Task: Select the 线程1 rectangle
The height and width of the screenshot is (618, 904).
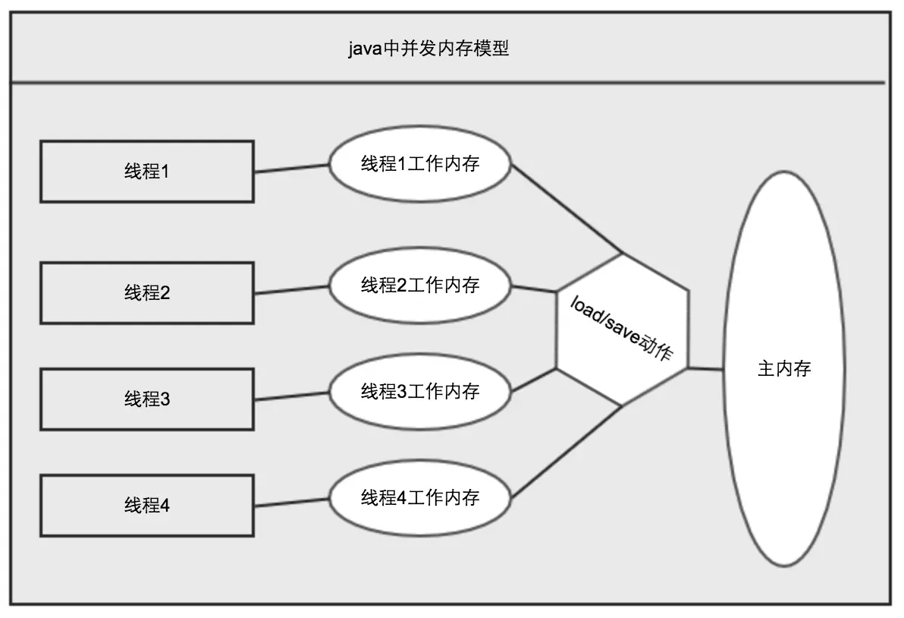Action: (146, 172)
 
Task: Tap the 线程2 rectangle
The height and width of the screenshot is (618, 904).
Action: (146, 293)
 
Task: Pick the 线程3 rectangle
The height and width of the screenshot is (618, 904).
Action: (146, 399)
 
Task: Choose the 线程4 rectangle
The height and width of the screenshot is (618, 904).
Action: (146, 505)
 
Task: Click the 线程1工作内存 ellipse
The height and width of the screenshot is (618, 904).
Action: (419, 164)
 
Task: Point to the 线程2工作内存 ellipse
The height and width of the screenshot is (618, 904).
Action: (419, 285)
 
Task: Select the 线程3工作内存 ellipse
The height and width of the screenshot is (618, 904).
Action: (419, 392)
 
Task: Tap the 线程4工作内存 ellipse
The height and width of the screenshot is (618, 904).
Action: (419, 498)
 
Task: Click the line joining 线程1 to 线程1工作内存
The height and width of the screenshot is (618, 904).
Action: (291, 169)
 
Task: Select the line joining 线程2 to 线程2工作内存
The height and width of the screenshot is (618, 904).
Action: (291, 290)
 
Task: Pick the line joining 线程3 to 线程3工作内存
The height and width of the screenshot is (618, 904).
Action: (291, 396)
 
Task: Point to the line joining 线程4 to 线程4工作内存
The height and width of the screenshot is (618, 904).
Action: (291, 502)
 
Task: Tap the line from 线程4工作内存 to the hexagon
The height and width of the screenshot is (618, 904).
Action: (567, 452)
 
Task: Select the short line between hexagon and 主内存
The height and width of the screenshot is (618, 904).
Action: (706, 369)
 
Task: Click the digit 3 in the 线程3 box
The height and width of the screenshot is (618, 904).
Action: (165, 399)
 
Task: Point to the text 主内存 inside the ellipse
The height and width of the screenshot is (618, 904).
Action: (784, 369)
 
